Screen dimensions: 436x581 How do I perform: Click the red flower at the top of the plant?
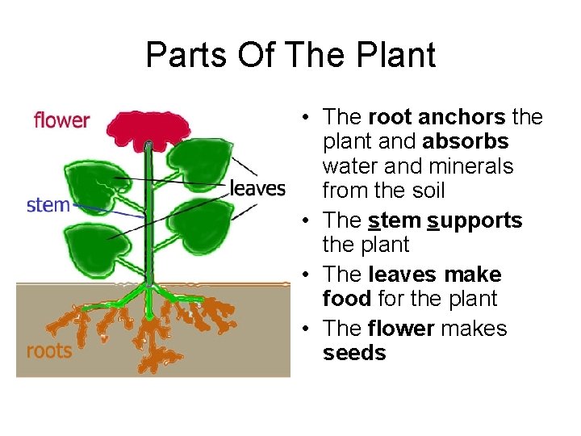[147, 128]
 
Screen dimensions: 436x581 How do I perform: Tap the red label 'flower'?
[62, 121]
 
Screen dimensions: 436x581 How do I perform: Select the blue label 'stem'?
[48, 204]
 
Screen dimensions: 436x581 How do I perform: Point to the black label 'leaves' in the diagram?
[258, 189]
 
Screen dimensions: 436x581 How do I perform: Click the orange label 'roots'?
[49, 350]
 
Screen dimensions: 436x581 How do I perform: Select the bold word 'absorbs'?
[465, 141]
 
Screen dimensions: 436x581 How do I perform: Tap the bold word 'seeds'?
[354, 353]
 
